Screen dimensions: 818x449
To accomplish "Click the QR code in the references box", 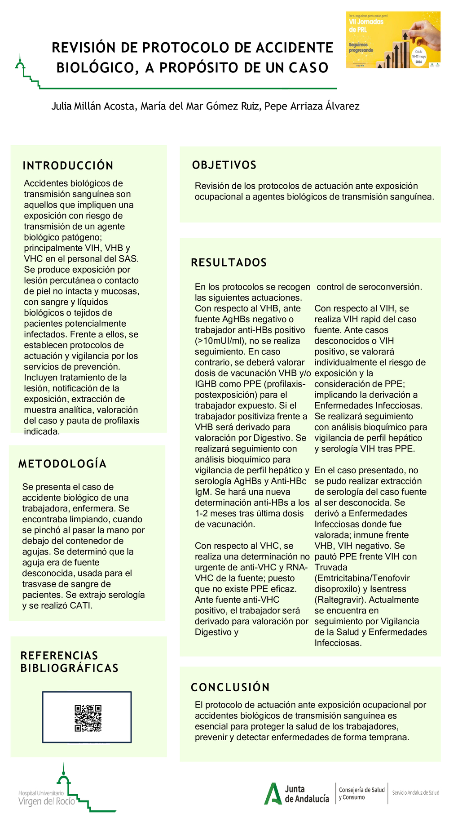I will (x=88, y=718).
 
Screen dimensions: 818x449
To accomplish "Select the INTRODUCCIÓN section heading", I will (x=68, y=165).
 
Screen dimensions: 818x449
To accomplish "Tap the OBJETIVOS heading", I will (x=224, y=165).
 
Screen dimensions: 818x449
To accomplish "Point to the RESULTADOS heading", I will (x=229, y=262).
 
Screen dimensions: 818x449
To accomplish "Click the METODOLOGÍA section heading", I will (x=62, y=464).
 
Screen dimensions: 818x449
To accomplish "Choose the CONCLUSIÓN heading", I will (x=230, y=687).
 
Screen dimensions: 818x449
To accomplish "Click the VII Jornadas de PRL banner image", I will (x=393, y=40).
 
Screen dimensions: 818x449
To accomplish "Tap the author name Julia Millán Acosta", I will (x=93, y=106).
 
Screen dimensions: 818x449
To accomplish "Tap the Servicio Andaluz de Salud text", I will (x=415, y=792).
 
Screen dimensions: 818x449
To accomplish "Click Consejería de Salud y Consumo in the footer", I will (x=361, y=793).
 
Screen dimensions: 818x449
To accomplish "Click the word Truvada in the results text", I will (x=331, y=567).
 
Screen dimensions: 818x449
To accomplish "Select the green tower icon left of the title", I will (x=20, y=65).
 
